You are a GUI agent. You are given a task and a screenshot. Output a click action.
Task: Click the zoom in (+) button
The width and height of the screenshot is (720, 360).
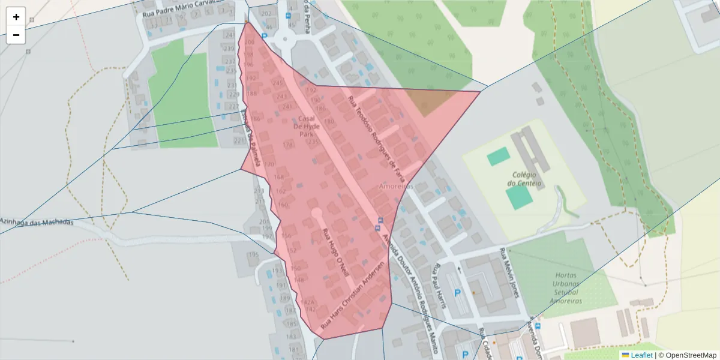16,17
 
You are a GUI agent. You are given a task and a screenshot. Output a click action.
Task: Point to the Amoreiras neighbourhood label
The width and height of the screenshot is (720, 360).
396,187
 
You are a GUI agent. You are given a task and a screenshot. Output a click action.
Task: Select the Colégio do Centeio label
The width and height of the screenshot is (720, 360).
524,178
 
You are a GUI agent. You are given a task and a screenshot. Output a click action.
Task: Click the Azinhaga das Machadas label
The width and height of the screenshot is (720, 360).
37,221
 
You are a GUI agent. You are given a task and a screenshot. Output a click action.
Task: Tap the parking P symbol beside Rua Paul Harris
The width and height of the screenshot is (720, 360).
458,293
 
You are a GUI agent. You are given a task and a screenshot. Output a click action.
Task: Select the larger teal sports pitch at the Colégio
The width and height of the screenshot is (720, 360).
519,197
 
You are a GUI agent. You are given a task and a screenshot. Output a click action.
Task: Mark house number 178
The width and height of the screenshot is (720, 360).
289,145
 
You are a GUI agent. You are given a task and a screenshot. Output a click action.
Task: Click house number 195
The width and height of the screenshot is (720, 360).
253,254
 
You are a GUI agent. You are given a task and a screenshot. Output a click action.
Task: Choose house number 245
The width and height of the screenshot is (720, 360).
278,83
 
